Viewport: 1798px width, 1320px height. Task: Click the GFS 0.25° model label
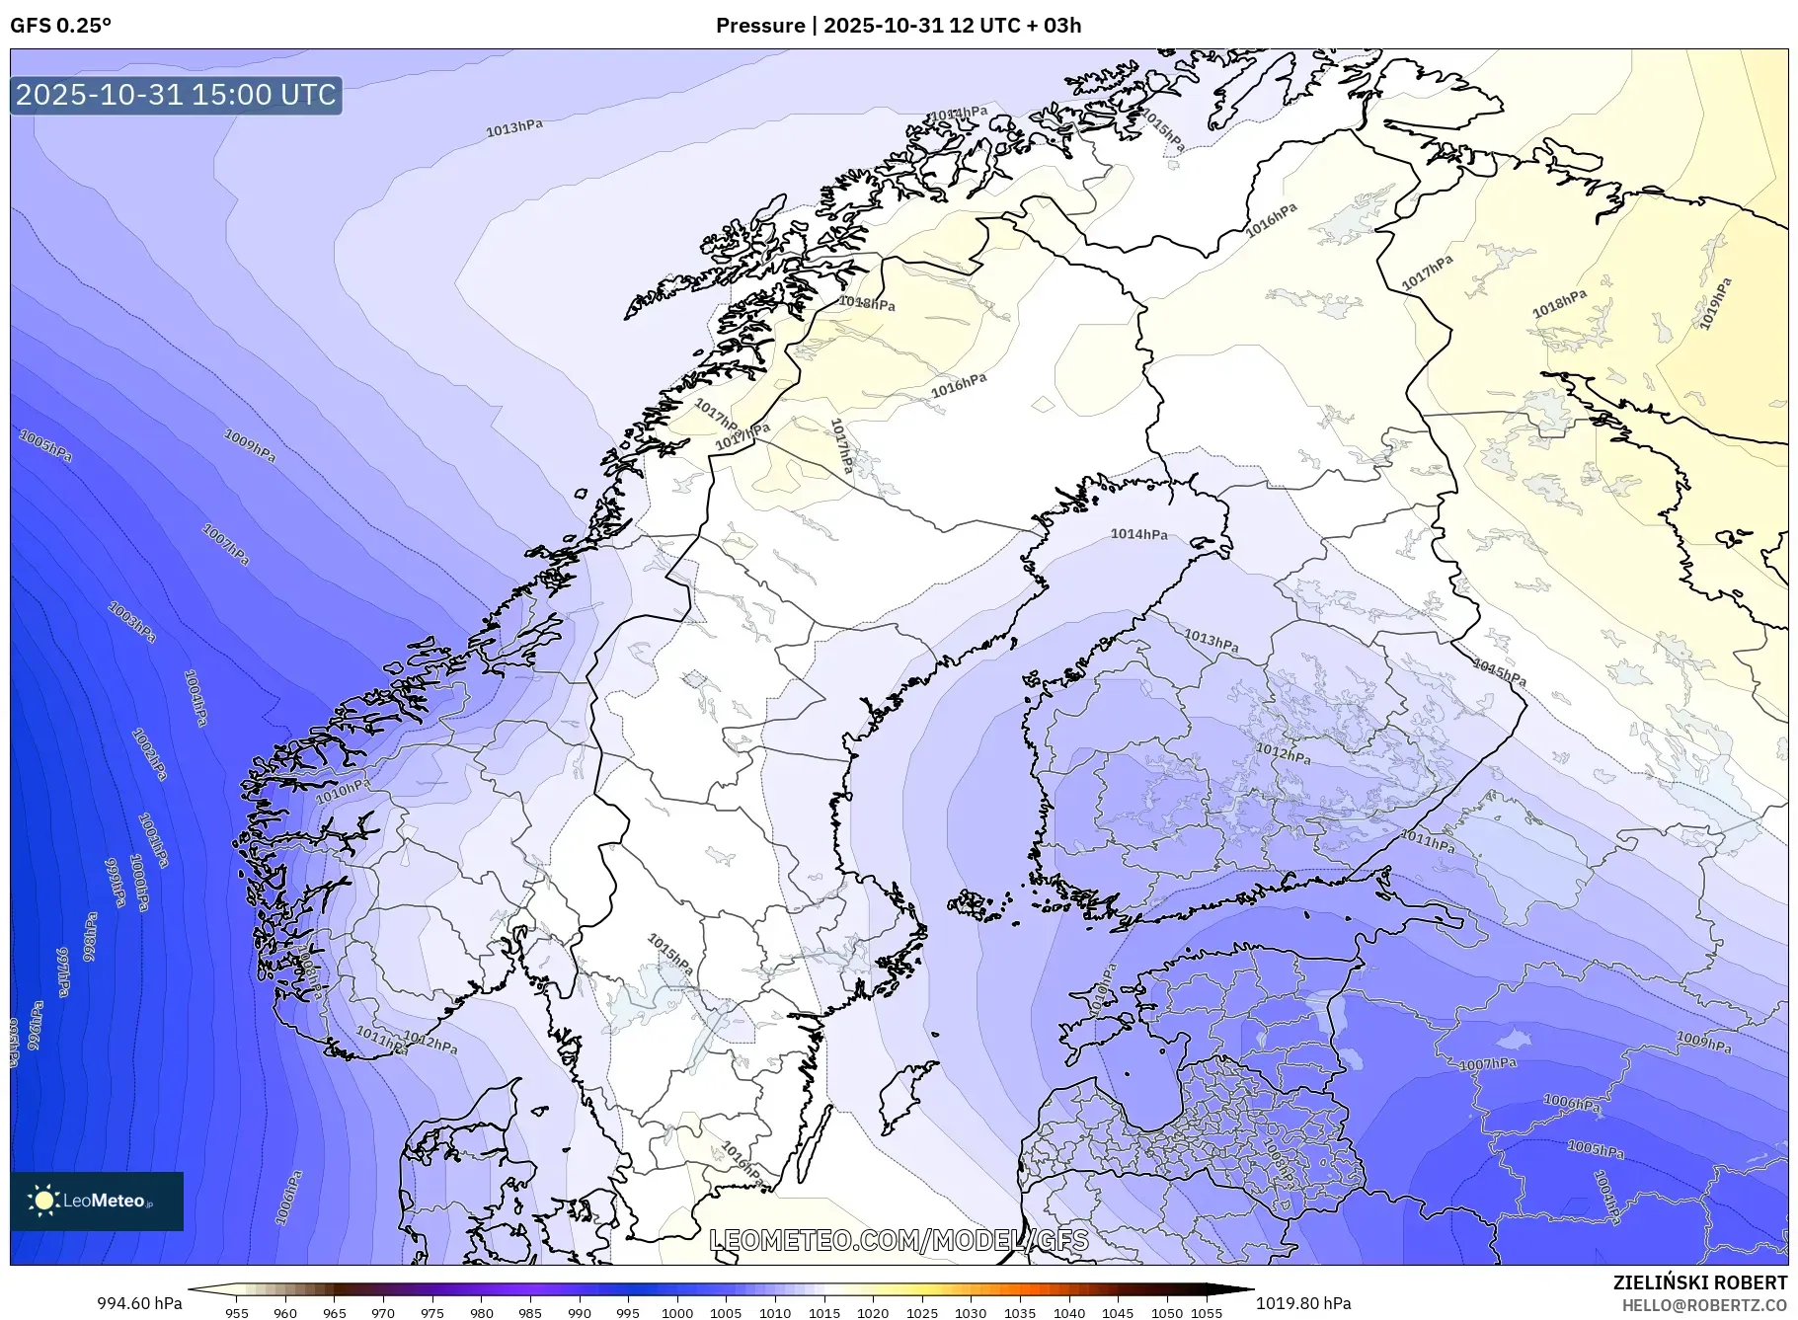[60, 26]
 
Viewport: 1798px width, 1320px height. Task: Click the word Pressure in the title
[759, 26]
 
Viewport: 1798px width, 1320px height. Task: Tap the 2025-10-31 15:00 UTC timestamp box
[177, 95]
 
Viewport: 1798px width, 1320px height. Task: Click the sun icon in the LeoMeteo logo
[43, 1200]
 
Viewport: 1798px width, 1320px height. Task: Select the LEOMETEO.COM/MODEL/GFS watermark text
[899, 1240]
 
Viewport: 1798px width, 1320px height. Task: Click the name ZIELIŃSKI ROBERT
[1699, 1282]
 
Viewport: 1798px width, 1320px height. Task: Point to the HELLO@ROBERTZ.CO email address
[1704, 1304]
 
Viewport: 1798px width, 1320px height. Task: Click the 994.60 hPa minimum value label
[139, 1303]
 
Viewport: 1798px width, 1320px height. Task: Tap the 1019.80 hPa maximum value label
[1303, 1303]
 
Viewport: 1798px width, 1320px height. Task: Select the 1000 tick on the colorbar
[677, 1313]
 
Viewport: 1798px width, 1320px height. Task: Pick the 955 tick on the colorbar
[237, 1313]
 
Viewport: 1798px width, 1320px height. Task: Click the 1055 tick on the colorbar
[1207, 1313]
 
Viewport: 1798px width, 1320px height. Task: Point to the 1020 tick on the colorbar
[873, 1313]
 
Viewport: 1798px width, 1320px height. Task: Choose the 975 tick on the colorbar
[432, 1313]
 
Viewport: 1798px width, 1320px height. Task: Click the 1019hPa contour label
[1715, 303]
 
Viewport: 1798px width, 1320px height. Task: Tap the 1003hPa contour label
[132, 622]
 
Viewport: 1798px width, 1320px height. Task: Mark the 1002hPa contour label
[150, 754]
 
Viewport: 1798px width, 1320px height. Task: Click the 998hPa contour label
[90, 936]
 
